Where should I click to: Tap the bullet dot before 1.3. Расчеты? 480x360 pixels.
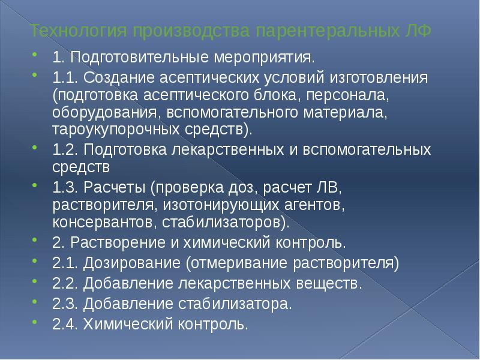click(40, 188)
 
